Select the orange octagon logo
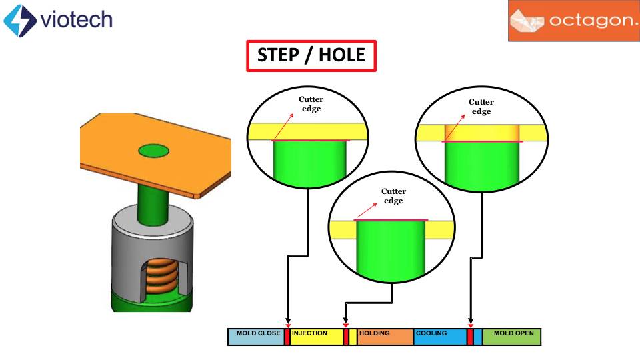pos(573,21)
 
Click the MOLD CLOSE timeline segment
pos(257,337)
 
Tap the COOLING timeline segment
pos(440,337)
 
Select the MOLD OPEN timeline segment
pos(511,337)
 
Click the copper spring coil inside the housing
pos(160,275)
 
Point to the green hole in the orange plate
pos(154,151)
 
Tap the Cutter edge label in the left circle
pos(311,104)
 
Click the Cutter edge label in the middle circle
pos(393,196)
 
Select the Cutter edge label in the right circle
pos(481,107)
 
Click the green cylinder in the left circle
pos(310,163)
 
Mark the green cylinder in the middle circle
pos(392,250)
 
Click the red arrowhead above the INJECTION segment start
pos(287,325)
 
